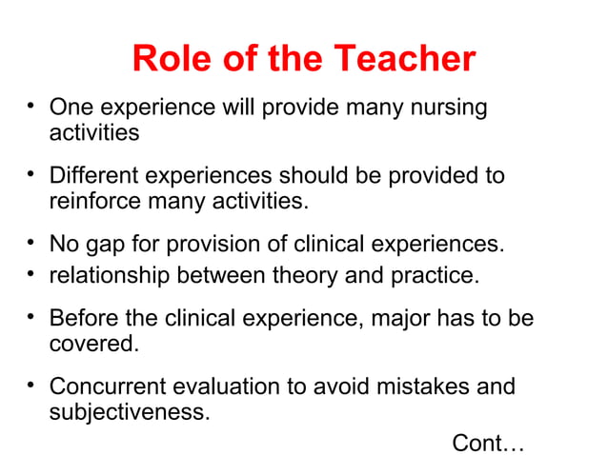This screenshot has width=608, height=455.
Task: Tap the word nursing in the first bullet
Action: point(446,108)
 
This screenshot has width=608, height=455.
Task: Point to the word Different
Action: point(92,177)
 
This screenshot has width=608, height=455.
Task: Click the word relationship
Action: point(105,276)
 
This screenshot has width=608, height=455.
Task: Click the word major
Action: point(391,318)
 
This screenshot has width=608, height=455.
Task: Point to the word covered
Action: point(92,343)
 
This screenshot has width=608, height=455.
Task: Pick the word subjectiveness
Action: point(128,413)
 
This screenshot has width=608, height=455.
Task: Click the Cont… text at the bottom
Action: point(488,443)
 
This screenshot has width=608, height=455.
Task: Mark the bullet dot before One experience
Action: point(32,105)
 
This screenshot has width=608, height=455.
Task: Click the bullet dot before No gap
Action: point(32,242)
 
